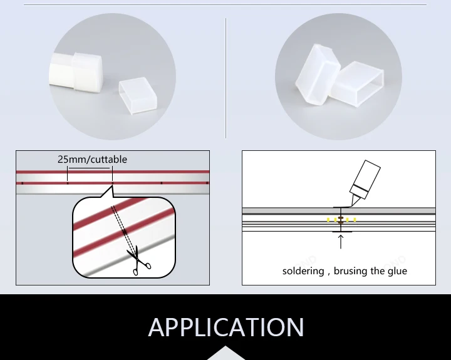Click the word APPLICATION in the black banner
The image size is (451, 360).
[x=225, y=327]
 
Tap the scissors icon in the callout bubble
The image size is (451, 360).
[x=138, y=260]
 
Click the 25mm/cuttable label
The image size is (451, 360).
[x=92, y=159]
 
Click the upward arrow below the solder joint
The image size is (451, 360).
[x=341, y=242]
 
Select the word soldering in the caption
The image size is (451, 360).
[x=303, y=271]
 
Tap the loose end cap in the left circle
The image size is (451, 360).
[x=138, y=95]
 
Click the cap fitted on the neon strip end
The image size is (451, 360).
[x=88, y=73]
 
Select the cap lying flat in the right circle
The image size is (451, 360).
[x=356, y=85]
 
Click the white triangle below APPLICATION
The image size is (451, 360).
[x=225, y=353]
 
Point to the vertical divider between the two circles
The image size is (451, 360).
[x=225, y=78]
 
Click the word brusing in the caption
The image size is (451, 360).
[x=350, y=271]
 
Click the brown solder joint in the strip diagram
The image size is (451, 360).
[x=341, y=220]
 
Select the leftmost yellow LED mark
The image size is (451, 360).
[x=328, y=220]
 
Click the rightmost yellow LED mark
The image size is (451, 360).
[x=355, y=220]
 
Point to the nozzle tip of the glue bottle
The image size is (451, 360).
[x=350, y=205]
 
